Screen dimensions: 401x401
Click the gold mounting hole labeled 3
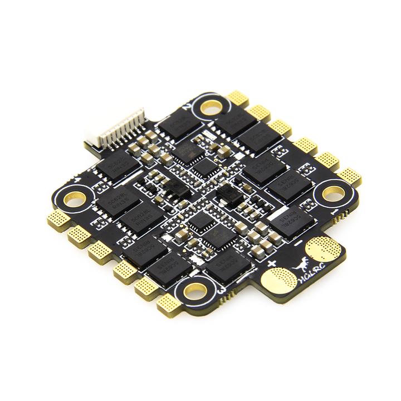(195, 289)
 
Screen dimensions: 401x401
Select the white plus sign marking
(272, 262)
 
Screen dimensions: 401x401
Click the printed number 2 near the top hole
(190, 104)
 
